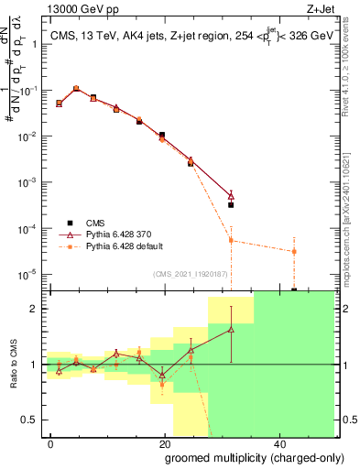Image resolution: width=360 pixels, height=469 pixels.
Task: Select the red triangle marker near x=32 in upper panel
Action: (231, 195)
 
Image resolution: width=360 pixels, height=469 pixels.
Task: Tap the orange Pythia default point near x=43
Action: (293, 251)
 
